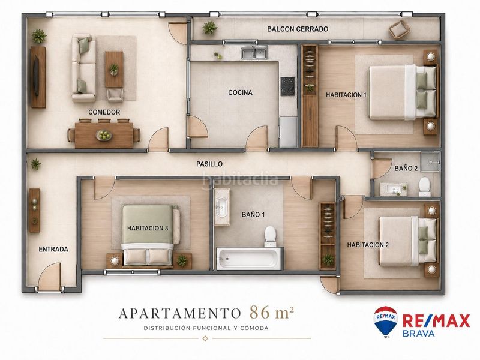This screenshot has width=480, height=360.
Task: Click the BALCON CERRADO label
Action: coord(298,29)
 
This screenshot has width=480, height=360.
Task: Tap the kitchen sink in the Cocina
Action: coord(254,53)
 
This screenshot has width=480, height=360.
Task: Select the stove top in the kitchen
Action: coord(288,86)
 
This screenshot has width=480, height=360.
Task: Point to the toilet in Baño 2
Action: coord(425,187)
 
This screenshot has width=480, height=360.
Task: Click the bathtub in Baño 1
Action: coord(250,259)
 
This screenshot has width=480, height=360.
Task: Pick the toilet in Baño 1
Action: coord(271,236)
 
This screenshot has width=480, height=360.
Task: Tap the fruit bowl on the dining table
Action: coord(104,136)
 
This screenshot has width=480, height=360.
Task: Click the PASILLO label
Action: coord(209,164)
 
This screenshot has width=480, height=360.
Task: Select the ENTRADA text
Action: coord(53,249)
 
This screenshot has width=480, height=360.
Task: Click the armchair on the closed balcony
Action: coord(399,29)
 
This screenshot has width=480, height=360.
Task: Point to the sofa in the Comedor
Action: coord(83,68)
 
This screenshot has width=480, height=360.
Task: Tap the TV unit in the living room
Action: coord(38,77)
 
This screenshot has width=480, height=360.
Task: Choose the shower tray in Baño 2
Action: coord(430,161)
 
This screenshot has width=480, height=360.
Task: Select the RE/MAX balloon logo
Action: coord(386,322)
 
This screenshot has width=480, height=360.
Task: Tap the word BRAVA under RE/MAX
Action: coord(418,334)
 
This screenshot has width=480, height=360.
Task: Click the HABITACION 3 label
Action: coord(148,229)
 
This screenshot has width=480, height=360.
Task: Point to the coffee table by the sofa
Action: coord(114,69)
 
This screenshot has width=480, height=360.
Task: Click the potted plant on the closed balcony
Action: coord(209,28)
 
